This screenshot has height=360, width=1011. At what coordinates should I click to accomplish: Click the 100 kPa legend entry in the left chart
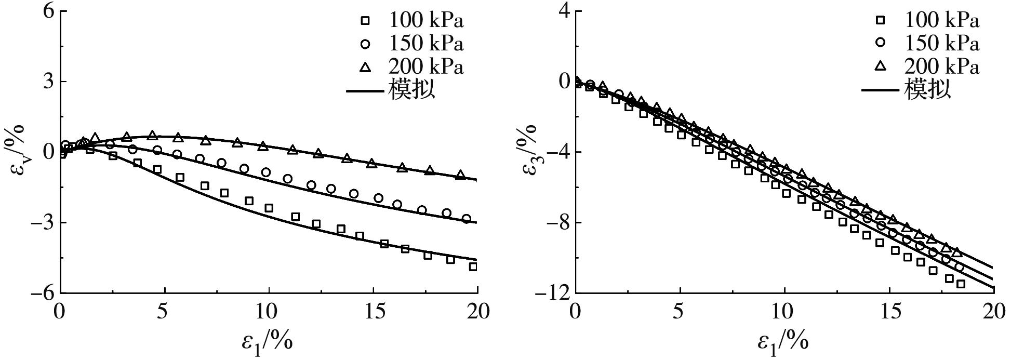coord(425,21)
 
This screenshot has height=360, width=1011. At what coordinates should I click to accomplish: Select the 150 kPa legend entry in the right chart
coord(941,44)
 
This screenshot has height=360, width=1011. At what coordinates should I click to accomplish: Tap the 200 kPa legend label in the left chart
coord(425,67)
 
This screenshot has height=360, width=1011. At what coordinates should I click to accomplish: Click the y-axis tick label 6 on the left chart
coord(48,11)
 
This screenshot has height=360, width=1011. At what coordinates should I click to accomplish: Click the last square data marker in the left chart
coord(473,266)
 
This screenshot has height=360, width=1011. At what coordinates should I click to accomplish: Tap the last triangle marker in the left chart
coord(460,175)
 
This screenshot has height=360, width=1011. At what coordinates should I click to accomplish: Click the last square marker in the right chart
coord(961,284)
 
